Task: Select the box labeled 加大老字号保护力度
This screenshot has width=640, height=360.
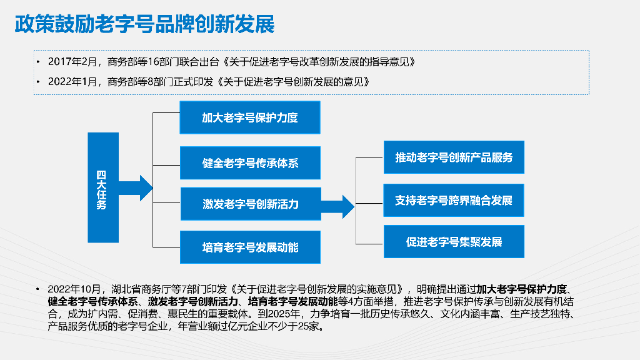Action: (x=250, y=117)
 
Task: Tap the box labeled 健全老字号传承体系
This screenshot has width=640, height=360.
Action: (x=250, y=163)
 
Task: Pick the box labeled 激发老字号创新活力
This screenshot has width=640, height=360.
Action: (x=250, y=204)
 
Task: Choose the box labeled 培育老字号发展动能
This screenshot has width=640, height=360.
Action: (x=250, y=247)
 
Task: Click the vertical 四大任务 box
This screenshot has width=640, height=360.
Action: (x=102, y=187)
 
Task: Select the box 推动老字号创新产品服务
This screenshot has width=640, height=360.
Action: (x=453, y=157)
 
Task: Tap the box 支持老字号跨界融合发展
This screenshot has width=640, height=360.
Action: (x=453, y=201)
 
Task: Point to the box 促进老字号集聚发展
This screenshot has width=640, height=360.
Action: (x=453, y=242)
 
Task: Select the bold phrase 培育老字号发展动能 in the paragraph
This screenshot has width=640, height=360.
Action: (x=293, y=302)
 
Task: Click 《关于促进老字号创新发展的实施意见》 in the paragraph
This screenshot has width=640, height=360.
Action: (x=317, y=289)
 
